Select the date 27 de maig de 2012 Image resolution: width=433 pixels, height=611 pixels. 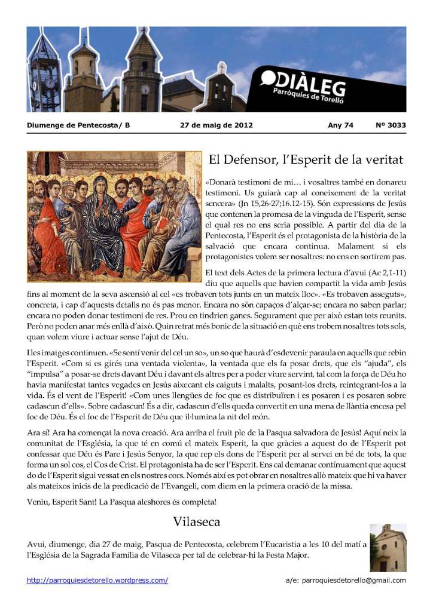[x=216, y=125]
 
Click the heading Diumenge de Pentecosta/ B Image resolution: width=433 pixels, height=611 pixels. [x=78, y=125]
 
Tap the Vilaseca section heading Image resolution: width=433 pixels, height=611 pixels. [x=197, y=521]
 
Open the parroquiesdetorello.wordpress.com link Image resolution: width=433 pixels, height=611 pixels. [x=97, y=580]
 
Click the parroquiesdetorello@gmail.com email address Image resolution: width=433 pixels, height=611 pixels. [x=354, y=580]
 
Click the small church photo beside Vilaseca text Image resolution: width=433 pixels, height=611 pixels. [x=388, y=548]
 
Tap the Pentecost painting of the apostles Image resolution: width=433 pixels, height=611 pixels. [x=114, y=216]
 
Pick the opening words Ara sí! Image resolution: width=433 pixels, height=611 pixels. [x=38, y=432]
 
